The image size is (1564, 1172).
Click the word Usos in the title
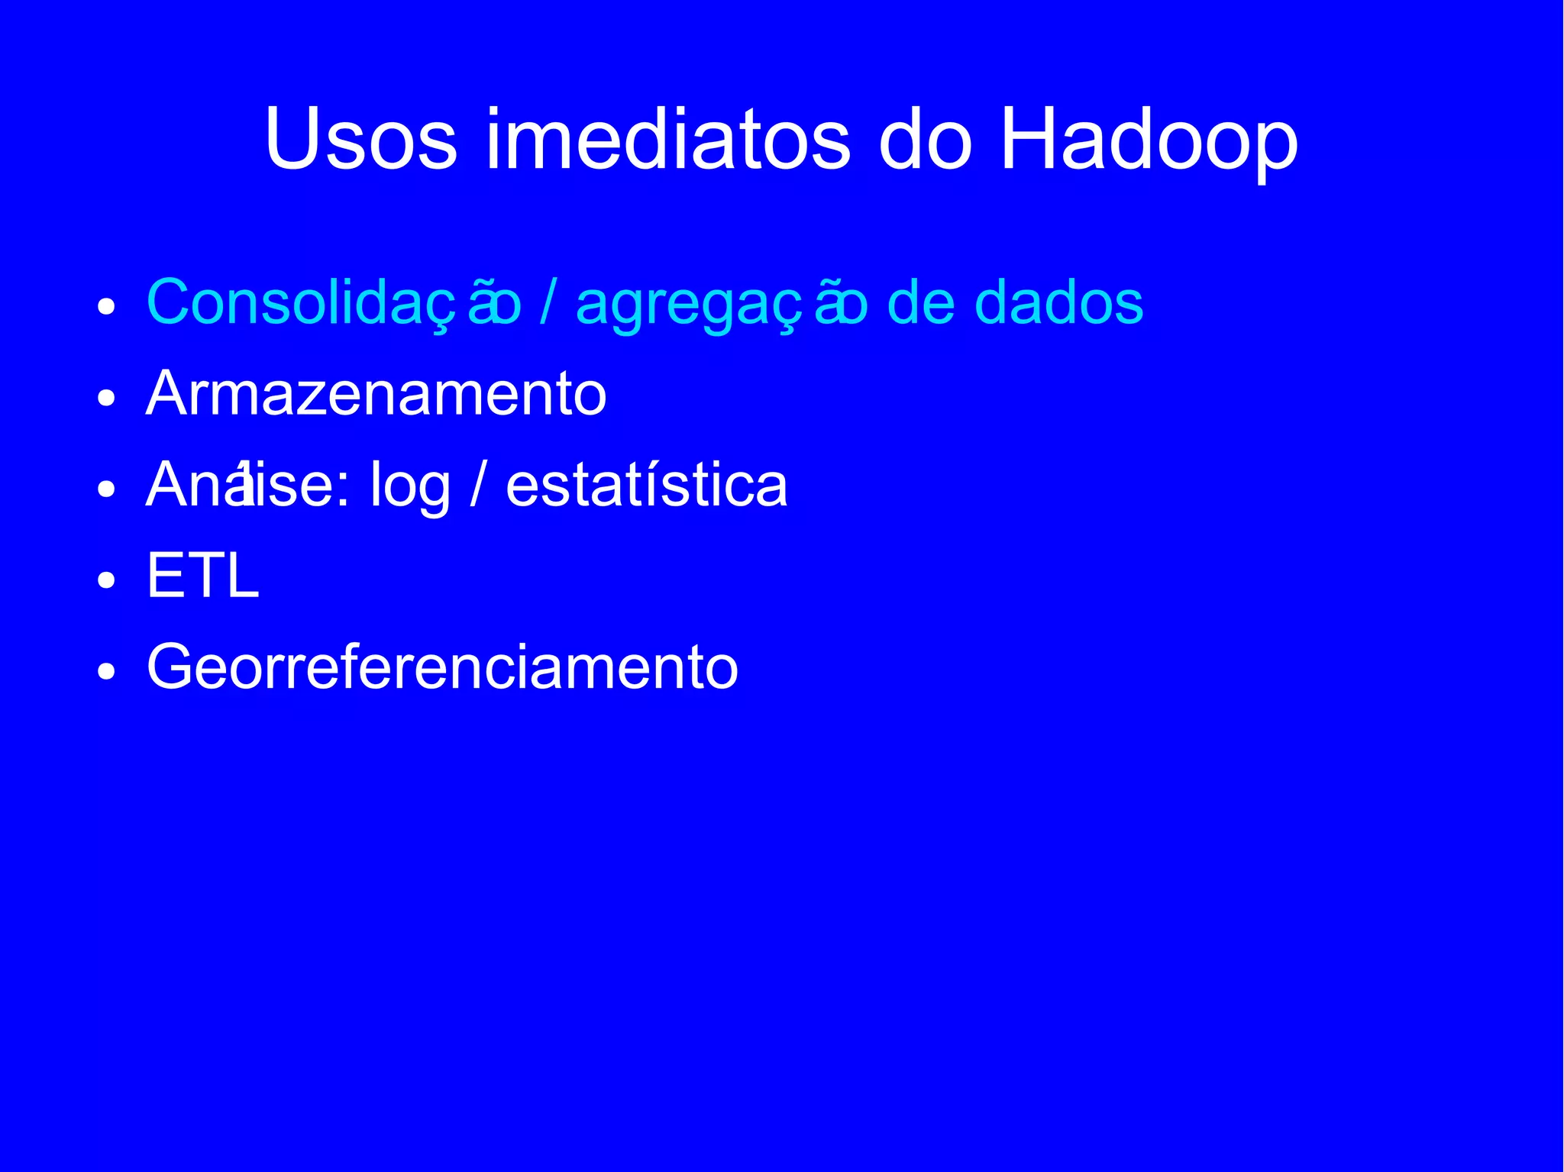(360, 140)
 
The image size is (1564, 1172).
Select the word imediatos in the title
(667, 140)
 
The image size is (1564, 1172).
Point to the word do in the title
(925, 140)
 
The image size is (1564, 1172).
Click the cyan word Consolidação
(334, 303)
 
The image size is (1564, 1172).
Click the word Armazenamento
(376, 394)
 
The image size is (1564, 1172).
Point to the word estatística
(646, 485)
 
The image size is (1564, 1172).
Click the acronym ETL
(202, 576)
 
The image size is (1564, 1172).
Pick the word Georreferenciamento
(442, 667)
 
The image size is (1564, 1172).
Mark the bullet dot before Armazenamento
(106, 398)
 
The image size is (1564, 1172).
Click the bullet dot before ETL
(106, 580)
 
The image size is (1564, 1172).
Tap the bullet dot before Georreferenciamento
(106, 671)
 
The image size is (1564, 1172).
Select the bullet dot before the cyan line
(106, 307)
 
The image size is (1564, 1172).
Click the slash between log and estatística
(477, 485)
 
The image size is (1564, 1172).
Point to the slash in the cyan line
(548, 303)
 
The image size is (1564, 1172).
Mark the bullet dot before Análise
(106, 489)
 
